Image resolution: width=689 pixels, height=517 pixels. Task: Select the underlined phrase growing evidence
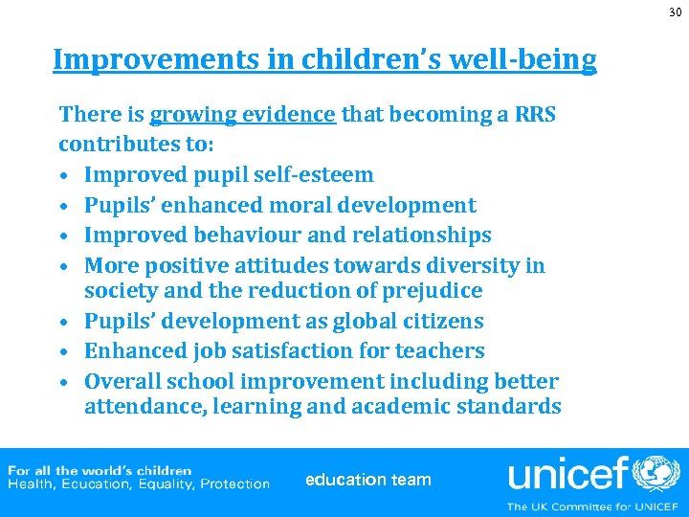pos(243,115)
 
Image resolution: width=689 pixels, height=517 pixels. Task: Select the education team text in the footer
pos(367,480)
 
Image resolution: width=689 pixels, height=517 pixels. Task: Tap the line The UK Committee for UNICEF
pos(592,506)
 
